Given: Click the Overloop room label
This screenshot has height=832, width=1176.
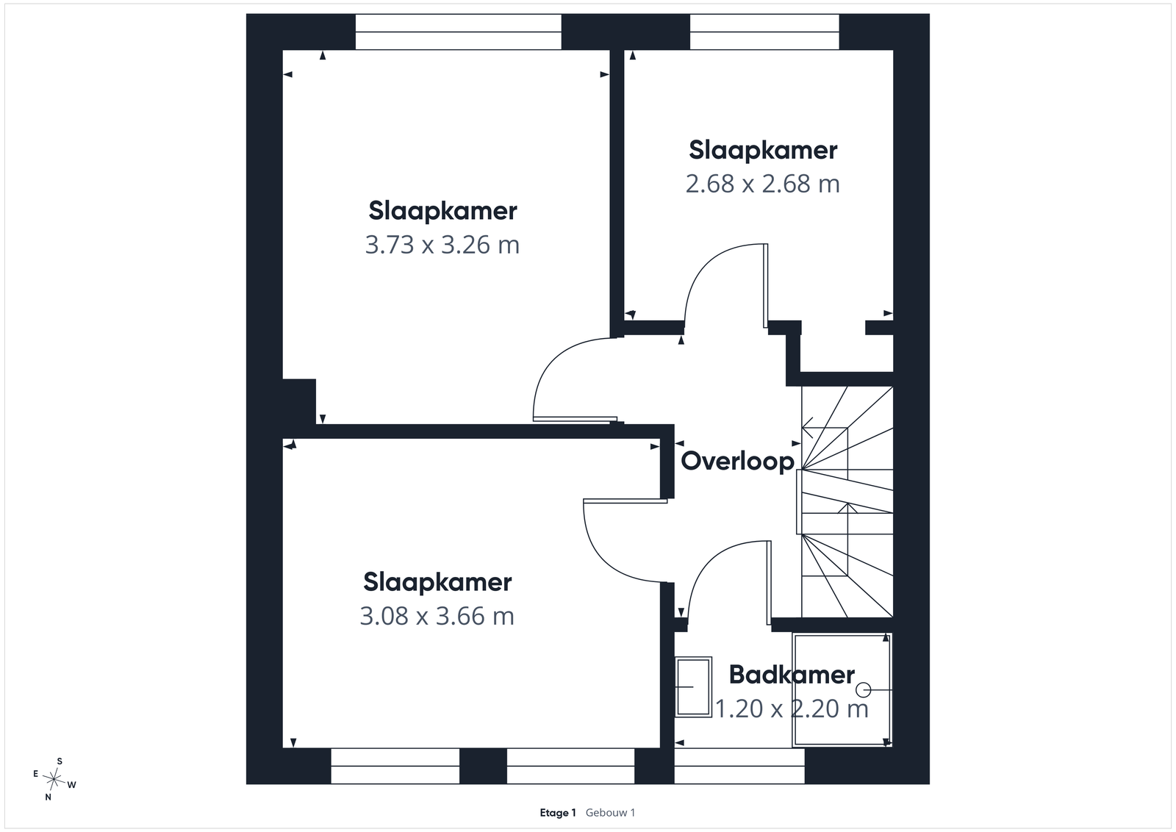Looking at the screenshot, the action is tap(737, 462).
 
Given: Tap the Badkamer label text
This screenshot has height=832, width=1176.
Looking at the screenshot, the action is tap(792, 675).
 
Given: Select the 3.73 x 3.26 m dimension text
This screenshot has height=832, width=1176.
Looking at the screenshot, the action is tap(442, 245).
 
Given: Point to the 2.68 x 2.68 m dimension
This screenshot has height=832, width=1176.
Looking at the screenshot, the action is tap(762, 184).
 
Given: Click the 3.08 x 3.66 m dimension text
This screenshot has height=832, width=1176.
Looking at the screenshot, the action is tap(437, 616).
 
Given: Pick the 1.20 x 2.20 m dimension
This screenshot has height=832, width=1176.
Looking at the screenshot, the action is tap(792, 709).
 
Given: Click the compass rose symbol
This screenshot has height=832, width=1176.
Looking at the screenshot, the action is tap(54, 779).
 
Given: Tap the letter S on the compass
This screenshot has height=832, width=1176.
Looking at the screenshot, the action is tap(60, 761).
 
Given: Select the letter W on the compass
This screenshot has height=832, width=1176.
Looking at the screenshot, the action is tap(72, 785).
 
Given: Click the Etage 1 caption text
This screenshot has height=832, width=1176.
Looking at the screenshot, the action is tap(558, 813).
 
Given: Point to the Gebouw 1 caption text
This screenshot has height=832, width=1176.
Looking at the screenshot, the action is tap(610, 813).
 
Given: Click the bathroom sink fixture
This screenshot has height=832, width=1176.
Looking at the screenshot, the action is tap(694, 687).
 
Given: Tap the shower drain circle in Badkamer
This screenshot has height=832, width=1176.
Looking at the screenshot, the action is tap(863, 689).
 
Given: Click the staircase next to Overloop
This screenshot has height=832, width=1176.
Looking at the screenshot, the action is tap(847, 502).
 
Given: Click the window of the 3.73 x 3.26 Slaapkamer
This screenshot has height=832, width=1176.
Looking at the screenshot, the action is tap(459, 32).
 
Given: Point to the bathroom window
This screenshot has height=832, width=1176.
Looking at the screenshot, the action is tap(739, 766).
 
